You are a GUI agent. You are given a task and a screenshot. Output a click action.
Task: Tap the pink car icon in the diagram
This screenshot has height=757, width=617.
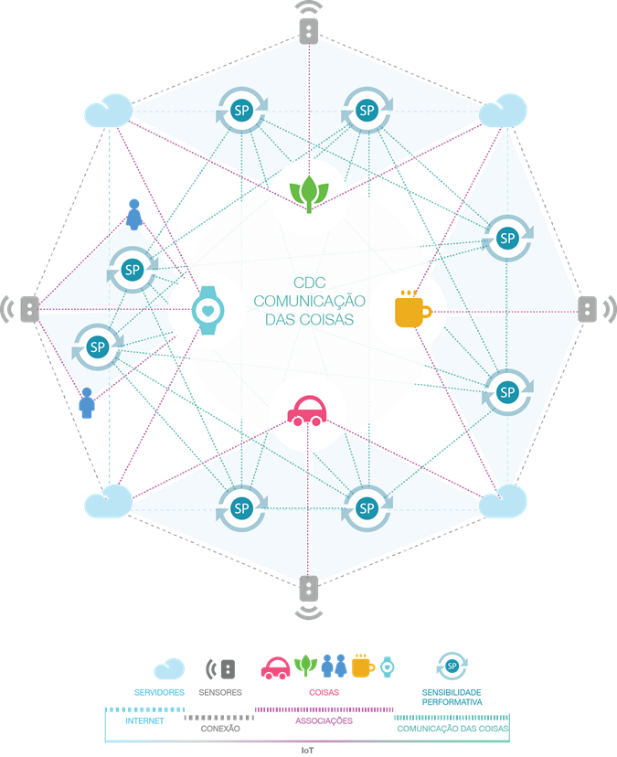[307, 410]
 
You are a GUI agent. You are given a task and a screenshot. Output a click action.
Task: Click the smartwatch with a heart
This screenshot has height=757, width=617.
[208, 311]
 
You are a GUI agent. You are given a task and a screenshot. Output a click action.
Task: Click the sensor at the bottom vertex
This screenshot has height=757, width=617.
[309, 597]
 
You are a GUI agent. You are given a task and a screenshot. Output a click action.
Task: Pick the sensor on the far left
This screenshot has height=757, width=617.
[22, 309]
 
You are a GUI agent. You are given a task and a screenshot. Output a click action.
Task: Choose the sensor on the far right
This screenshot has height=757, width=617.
[596, 309]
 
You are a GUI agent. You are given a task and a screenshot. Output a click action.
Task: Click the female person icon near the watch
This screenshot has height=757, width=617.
[134, 214]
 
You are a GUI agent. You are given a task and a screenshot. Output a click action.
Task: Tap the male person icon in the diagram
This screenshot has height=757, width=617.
[87, 402]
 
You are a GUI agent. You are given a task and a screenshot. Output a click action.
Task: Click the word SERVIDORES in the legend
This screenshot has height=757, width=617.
[159, 692]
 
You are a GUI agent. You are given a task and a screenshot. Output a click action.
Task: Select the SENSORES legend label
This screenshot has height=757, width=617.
[220, 692]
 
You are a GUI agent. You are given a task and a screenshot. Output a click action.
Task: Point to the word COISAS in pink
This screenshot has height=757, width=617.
[324, 692]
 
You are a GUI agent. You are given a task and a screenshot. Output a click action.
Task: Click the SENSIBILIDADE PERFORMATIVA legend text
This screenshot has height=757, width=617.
[452, 698]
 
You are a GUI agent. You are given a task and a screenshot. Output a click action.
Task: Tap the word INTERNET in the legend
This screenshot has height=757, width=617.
[144, 720]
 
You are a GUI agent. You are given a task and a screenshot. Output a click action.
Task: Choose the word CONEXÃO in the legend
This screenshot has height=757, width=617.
[220, 729]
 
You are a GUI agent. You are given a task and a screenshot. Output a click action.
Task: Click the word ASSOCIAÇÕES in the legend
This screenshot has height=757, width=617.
[324, 720]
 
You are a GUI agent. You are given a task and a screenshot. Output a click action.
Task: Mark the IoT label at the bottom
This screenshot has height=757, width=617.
[307, 751]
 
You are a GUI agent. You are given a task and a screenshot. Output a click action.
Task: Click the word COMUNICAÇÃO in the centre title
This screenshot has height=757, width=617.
[310, 301]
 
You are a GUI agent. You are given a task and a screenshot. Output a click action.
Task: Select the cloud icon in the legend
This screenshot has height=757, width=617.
[169, 669]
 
